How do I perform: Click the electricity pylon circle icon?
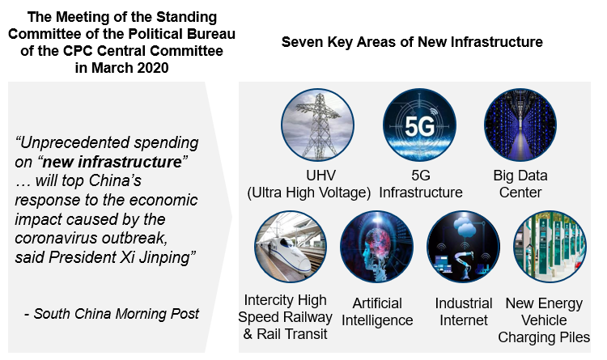317,125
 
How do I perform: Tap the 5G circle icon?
419,125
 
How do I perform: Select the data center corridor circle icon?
520,125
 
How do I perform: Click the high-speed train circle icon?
291,247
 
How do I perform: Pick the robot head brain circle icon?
376,247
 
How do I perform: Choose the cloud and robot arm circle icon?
464,247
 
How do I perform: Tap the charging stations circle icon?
550,247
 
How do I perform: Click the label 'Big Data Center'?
520,184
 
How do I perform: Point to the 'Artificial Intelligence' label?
377,311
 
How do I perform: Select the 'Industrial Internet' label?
464,311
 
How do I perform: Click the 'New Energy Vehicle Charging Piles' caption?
544,320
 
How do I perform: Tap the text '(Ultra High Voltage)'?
309,193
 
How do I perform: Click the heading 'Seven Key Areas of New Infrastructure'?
412,42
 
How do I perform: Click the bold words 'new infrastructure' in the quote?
112,162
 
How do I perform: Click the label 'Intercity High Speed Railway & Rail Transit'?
285,316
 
